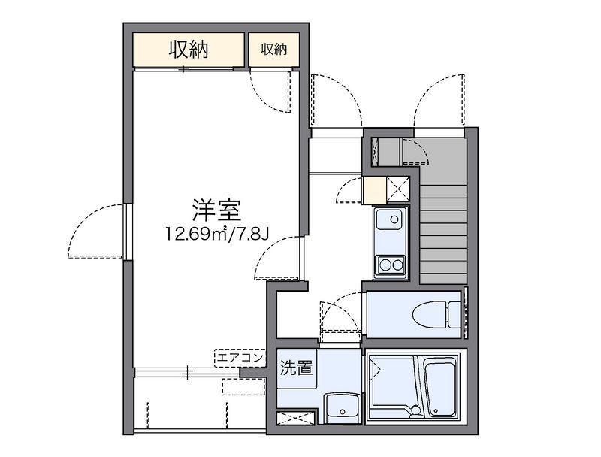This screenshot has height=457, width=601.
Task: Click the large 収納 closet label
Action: (188, 50)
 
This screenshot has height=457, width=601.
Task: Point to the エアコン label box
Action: (239, 358)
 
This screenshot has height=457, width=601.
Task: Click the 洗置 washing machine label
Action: (298, 368)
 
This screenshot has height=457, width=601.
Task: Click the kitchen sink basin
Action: (388, 221)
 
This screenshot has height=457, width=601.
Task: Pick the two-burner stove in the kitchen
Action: (390, 264)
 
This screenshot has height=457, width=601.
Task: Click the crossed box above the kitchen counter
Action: (398, 189)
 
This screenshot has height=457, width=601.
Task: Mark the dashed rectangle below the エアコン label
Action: (243, 388)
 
